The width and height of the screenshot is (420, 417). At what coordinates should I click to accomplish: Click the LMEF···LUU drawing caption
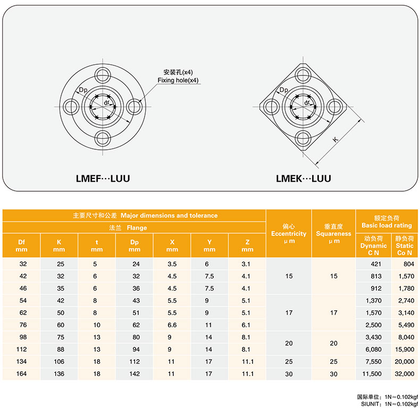(x=103, y=178)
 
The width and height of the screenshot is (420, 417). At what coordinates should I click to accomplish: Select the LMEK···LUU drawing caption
(x=304, y=178)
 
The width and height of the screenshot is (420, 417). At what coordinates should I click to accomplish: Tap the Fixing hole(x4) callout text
(x=178, y=80)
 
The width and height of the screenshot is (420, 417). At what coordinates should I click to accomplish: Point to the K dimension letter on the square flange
(x=335, y=139)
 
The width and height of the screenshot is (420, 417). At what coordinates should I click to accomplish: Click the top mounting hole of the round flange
(x=103, y=75)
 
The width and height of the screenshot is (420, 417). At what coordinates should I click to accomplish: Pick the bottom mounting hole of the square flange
(x=303, y=139)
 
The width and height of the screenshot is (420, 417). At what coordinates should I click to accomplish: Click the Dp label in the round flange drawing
(x=83, y=90)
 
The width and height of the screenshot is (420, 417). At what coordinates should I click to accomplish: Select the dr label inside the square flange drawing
(x=307, y=103)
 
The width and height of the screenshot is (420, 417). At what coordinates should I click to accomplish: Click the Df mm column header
(x=21, y=246)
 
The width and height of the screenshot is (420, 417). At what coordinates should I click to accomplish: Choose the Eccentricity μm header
(x=289, y=234)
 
